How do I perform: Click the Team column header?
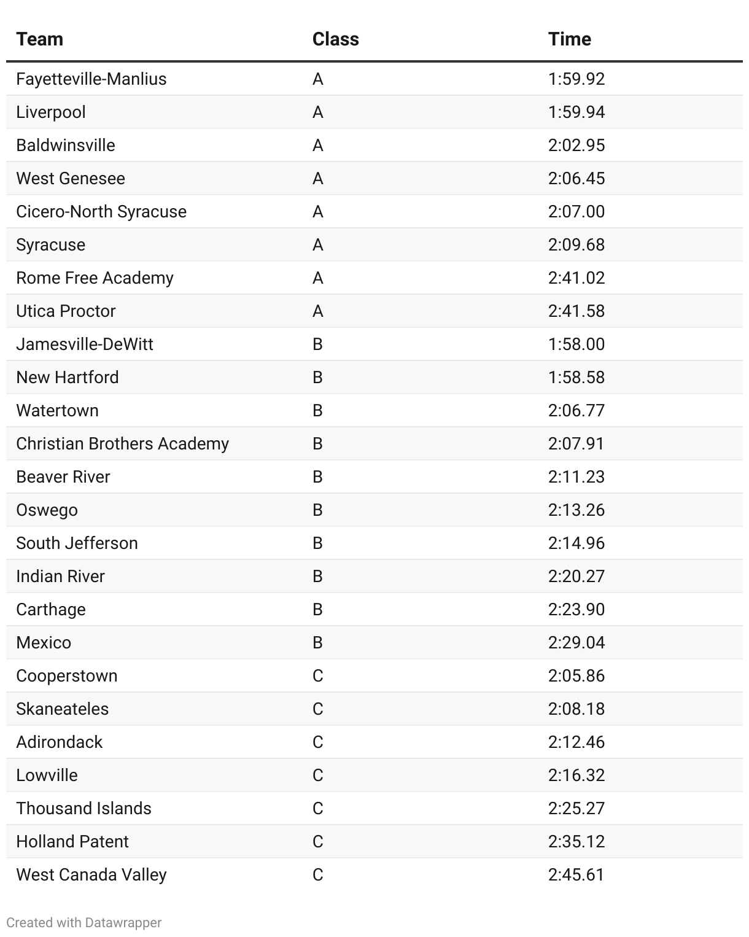coord(40,39)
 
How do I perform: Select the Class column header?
coord(335,39)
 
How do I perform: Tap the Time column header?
coord(570,39)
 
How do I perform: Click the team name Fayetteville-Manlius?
coord(91,79)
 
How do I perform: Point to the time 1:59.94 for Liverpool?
coord(576,112)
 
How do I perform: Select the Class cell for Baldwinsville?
coord(318,146)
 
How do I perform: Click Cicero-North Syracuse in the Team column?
coord(101,212)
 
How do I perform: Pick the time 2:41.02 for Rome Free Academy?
coord(576,278)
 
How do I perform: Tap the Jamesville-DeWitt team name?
coord(85,344)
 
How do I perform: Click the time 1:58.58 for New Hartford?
coord(576,378)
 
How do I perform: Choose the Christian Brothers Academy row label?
coord(123,444)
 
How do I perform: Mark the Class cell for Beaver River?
coord(318,477)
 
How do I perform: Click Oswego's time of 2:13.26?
coord(576,510)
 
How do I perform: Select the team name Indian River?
coord(61,577)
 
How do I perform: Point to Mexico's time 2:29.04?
coord(576,643)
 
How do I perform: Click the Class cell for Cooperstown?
coord(318,676)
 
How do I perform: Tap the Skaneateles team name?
coord(63,709)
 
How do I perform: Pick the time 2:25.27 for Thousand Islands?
coord(576,809)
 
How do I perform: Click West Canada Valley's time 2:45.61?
coord(576,875)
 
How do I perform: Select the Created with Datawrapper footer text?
coord(84,923)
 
